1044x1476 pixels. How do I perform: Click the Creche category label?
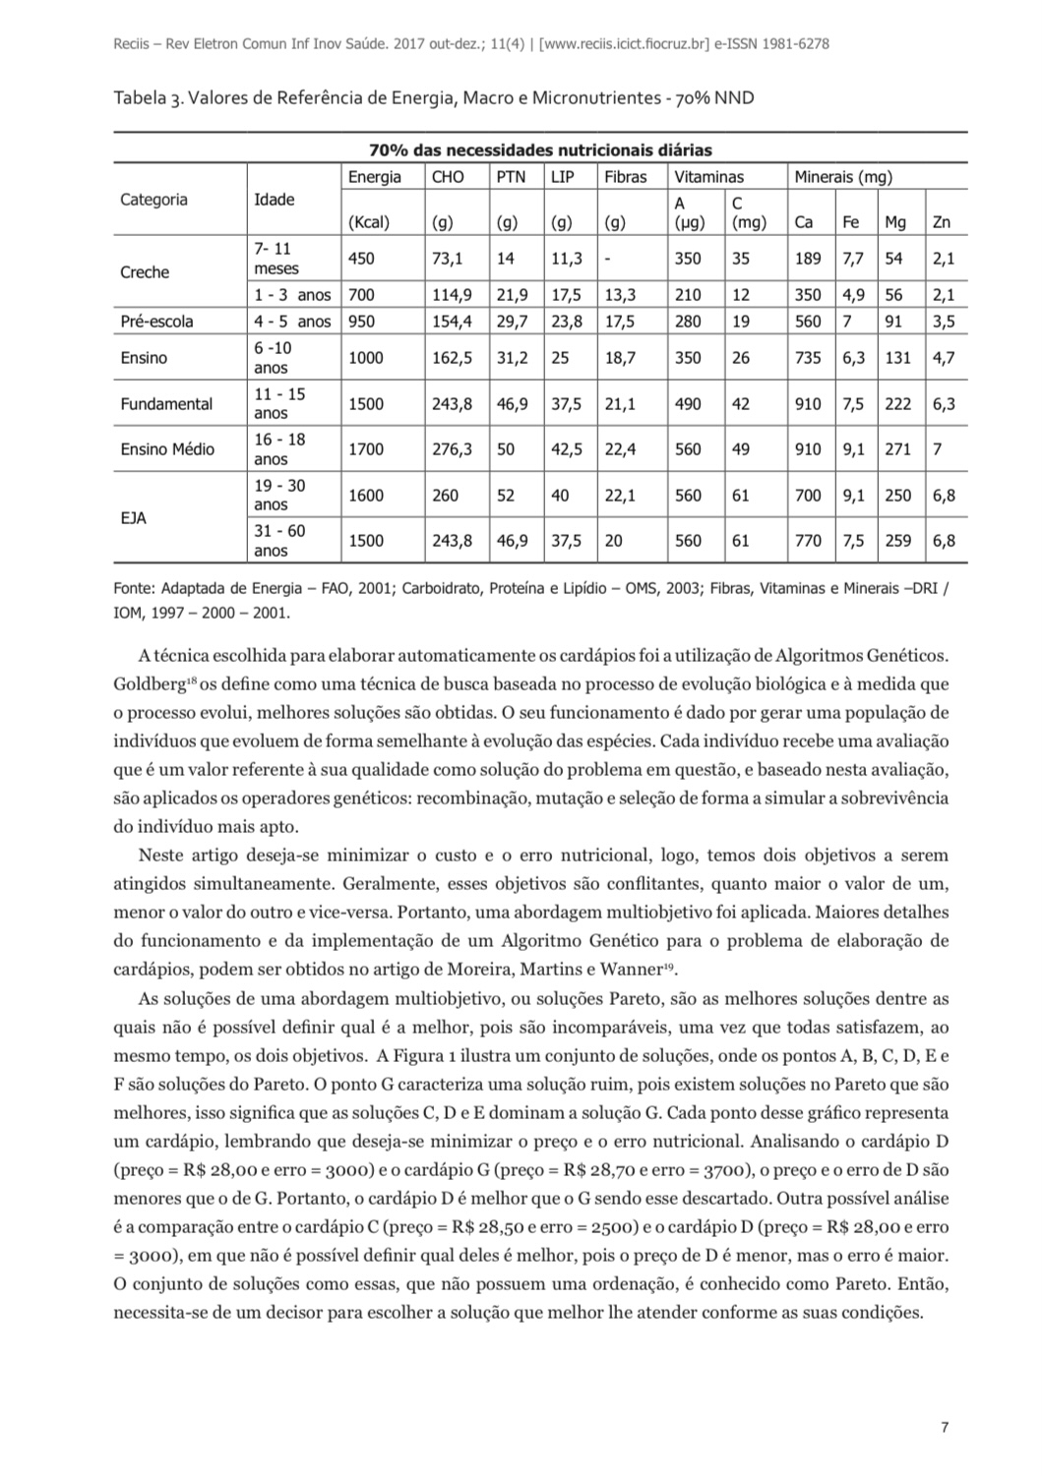point(145,272)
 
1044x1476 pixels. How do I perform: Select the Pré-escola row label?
point(156,322)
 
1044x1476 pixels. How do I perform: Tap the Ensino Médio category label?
point(167,449)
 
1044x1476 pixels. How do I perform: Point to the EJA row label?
point(133,518)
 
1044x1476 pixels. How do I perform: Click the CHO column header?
point(448,177)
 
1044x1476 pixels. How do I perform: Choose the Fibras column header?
point(625,177)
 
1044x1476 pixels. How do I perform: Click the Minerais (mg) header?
point(843,177)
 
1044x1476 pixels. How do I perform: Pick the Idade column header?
point(274,200)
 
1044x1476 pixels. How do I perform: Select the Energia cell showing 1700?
point(366,449)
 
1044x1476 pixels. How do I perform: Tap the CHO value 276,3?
point(452,449)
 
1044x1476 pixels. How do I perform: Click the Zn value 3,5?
point(943,322)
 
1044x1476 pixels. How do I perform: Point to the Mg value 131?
point(897,358)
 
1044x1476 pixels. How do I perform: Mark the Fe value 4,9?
point(853,295)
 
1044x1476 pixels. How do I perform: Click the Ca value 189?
point(807,259)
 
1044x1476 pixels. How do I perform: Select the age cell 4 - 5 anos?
point(292,322)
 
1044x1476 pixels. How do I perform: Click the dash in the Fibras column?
point(607,259)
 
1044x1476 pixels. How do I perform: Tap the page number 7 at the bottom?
point(945,1428)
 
